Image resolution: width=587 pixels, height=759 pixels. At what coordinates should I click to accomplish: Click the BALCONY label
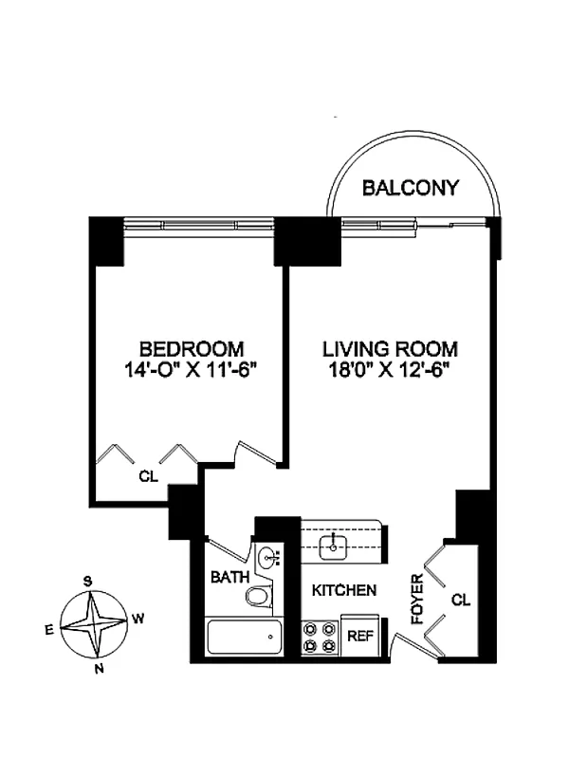[411, 188]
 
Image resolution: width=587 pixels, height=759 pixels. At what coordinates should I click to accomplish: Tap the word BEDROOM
[191, 348]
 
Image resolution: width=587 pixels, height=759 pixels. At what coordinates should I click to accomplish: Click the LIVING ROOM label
[389, 348]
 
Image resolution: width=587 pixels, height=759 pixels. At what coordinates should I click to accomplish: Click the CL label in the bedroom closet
[148, 477]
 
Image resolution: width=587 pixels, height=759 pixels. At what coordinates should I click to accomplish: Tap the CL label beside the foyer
[461, 600]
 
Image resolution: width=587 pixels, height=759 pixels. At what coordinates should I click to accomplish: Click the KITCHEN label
[344, 590]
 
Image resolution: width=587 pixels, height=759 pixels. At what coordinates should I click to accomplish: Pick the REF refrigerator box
[359, 638]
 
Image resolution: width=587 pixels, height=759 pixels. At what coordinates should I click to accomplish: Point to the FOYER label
[417, 600]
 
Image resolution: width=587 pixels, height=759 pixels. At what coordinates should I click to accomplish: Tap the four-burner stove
[320, 638]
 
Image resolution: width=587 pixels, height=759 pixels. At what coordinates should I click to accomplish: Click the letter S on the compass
[86, 581]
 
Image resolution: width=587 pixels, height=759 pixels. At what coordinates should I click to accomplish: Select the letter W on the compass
[138, 619]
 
